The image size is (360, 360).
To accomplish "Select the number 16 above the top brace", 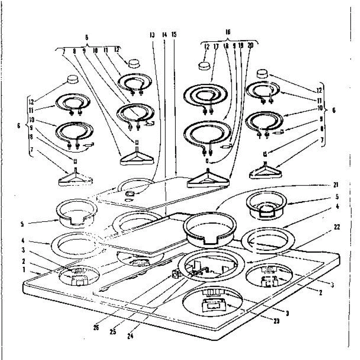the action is (x=228, y=32).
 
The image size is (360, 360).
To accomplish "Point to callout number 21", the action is (x=335, y=185).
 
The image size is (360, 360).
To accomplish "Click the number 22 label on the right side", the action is (x=337, y=227).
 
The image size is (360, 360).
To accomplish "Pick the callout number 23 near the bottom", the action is (x=276, y=321).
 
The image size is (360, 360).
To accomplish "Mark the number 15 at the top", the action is (x=174, y=34).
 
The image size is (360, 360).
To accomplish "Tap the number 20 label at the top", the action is (x=250, y=46).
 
